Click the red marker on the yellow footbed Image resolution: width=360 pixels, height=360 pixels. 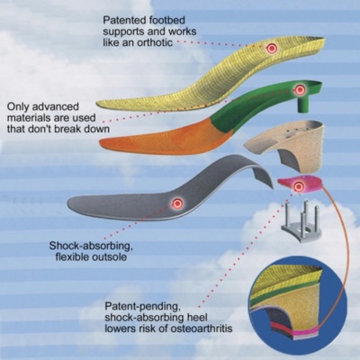point(272,48)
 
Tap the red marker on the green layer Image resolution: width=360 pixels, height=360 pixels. point(299,89)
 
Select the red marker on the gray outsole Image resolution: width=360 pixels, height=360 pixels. point(177,203)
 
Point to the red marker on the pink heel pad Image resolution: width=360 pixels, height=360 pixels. point(298,186)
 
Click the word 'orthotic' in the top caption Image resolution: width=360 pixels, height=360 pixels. point(155,42)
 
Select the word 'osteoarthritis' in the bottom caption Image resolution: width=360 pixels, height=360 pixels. point(202,328)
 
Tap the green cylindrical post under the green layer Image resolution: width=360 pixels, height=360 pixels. point(305,105)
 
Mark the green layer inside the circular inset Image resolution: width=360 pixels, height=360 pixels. point(285,291)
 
